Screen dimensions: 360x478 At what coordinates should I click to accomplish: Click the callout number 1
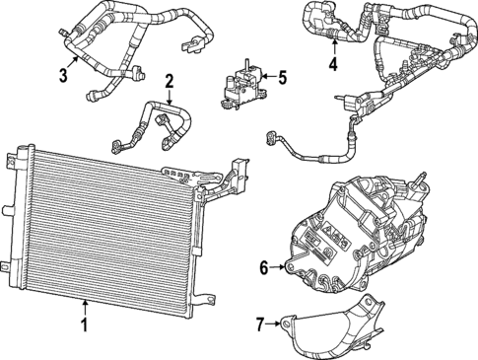pos(86,324)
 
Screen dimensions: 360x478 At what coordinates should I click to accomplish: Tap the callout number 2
pos(170,81)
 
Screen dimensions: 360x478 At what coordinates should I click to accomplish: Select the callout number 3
pos(64,75)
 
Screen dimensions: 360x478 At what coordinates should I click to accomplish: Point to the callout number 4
pos(333,66)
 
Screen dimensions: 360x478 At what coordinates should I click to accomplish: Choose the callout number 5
pos(281,76)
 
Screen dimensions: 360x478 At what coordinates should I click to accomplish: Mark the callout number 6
pos(264,266)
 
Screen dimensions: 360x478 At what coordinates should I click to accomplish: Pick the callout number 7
pos(260,323)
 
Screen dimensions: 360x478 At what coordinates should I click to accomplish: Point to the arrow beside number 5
pos(266,76)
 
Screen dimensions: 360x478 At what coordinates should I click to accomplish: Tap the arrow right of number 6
pos(279,266)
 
